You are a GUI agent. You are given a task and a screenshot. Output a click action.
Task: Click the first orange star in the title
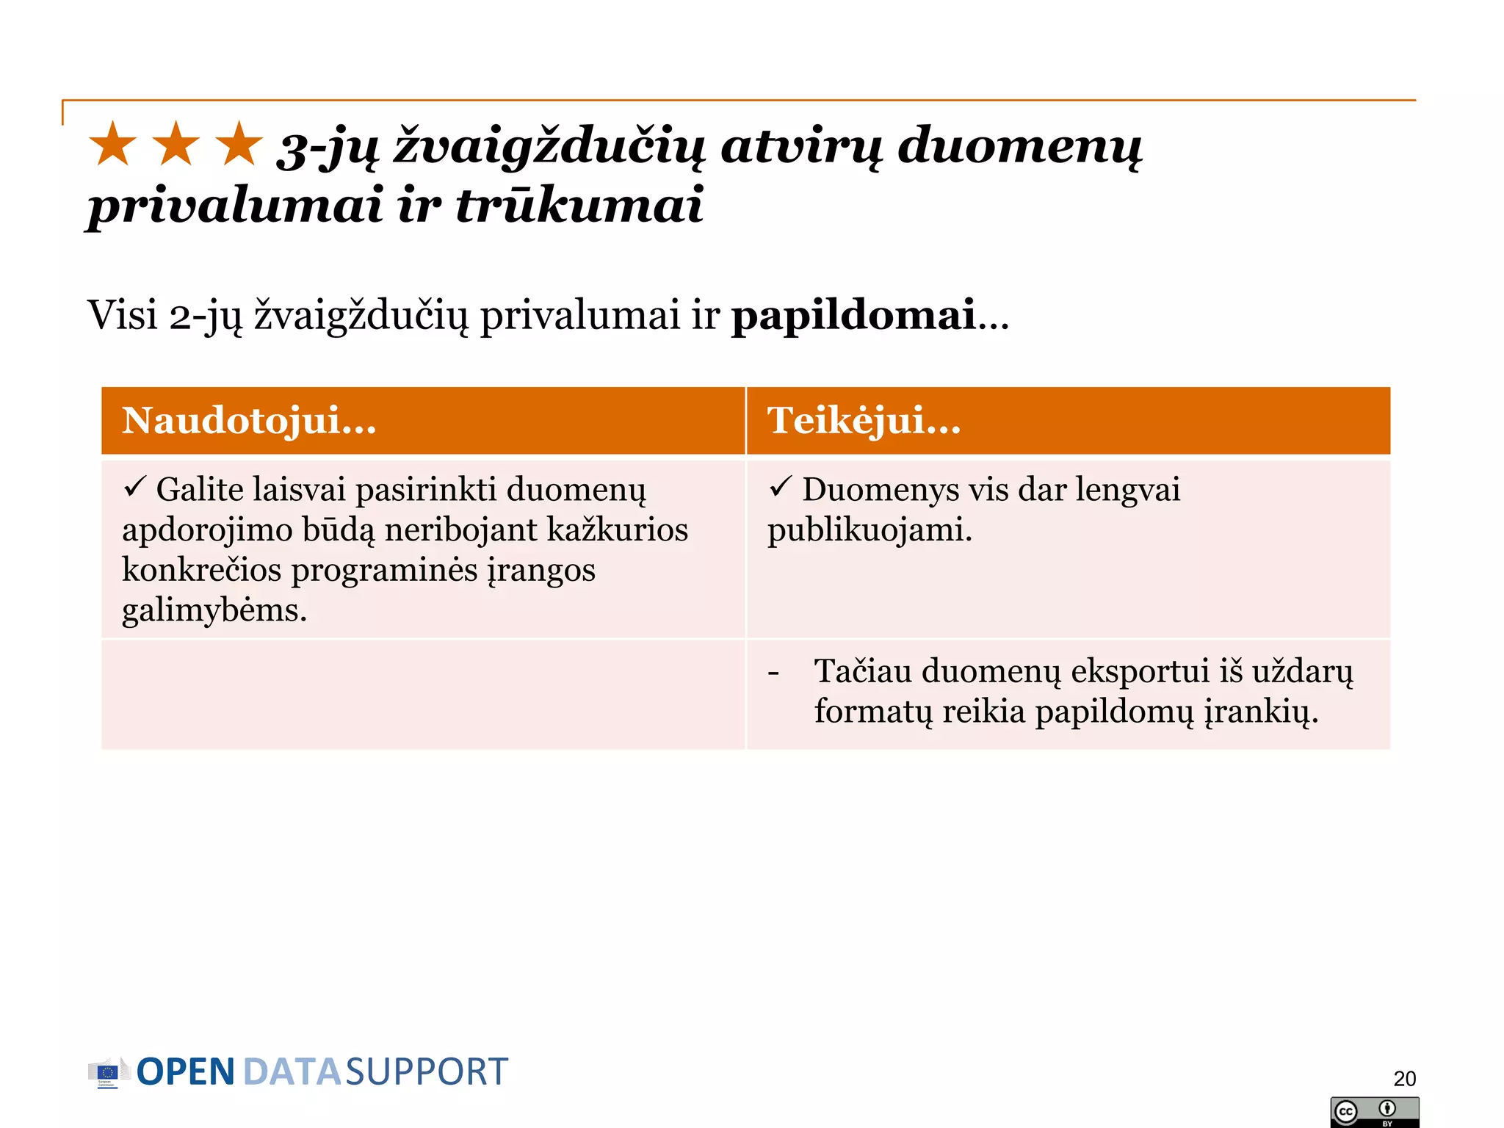pyautogui.click(x=113, y=144)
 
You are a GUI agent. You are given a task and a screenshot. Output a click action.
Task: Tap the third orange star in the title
pyautogui.click(x=239, y=144)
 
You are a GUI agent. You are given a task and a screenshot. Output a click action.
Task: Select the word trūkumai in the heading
pyautogui.click(x=579, y=205)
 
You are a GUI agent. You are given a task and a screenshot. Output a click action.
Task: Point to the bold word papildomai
pyautogui.click(x=853, y=315)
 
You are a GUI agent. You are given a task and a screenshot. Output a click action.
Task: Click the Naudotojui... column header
pyautogui.click(x=249, y=421)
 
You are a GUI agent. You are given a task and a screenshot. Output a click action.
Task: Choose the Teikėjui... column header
pyautogui.click(x=864, y=421)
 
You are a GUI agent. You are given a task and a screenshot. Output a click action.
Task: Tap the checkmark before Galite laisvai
pyautogui.click(x=134, y=486)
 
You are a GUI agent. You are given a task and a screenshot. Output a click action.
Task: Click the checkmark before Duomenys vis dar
pyautogui.click(x=780, y=486)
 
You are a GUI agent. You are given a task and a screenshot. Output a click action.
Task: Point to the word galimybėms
pyautogui.click(x=214, y=610)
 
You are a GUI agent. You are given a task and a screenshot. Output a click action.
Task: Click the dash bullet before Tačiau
pyautogui.click(x=773, y=672)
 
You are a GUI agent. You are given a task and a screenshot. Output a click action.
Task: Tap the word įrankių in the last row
pyautogui.click(x=1259, y=712)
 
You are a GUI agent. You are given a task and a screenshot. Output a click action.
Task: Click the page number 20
pyautogui.click(x=1404, y=1078)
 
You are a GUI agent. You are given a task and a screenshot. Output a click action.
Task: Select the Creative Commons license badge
pyautogui.click(x=1374, y=1112)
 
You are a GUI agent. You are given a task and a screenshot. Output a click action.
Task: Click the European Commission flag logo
pyautogui.click(x=107, y=1073)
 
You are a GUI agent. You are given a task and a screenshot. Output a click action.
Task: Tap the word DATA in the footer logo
pyautogui.click(x=292, y=1072)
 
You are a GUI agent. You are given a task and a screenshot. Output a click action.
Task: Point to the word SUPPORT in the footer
pyautogui.click(x=427, y=1072)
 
